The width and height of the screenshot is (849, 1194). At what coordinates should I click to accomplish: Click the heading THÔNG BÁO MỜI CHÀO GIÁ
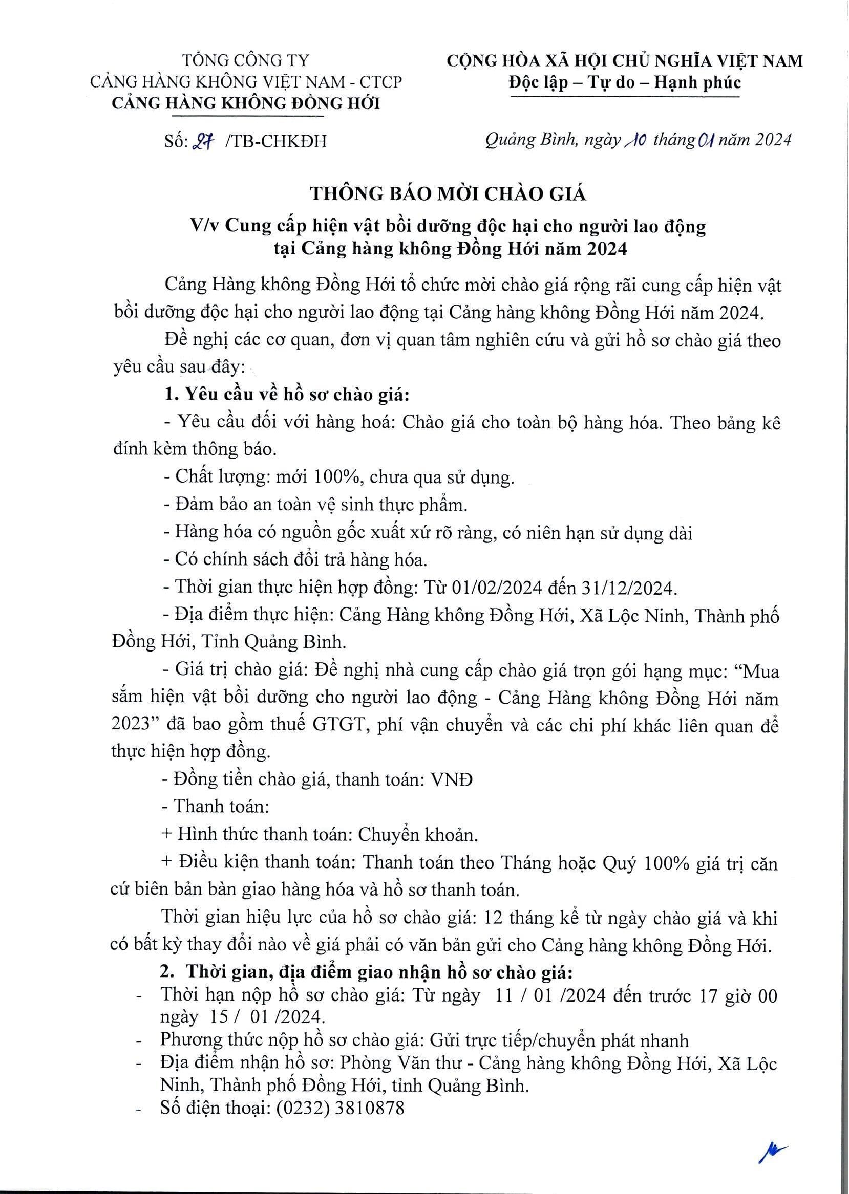pos(448,194)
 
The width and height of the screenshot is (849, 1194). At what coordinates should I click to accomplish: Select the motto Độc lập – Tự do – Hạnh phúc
pos(625,82)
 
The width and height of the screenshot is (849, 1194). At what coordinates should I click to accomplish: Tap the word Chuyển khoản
pos(417,835)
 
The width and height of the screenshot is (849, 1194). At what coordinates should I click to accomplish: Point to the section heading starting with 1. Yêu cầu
pos(286,395)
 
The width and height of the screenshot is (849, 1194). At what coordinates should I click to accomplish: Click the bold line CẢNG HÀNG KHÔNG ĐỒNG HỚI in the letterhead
pos(246,103)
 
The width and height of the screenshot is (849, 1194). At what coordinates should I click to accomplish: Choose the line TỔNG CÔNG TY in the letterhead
pos(246,60)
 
